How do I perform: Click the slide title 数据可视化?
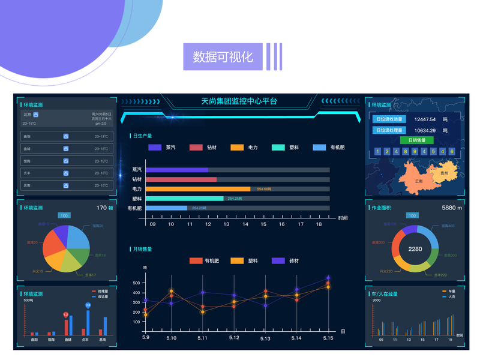[x=223, y=57]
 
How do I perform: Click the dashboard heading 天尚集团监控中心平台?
[x=239, y=101]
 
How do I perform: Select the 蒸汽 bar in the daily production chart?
[x=177, y=170]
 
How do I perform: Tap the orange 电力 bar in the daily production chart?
[x=198, y=189]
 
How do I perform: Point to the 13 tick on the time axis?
[x=226, y=224]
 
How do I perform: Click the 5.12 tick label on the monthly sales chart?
[x=234, y=338]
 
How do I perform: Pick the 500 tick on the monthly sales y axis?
[x=136, y=283]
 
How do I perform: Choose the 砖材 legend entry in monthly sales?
[x=287, y=261]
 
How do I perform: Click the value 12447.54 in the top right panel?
[x=425, y=119]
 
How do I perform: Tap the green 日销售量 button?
[x=416, y=140]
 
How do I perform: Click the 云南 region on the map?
[x=418, y=180]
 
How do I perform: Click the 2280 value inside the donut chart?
[x=415, y=248]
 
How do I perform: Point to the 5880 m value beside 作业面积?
[x=452, y=208]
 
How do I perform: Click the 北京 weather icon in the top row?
[x=36, y=114]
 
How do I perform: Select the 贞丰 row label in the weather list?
[x=27, y=173]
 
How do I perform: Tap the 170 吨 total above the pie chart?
[x=104, y=208]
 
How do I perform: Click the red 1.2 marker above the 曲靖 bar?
[x=65, y=314]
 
